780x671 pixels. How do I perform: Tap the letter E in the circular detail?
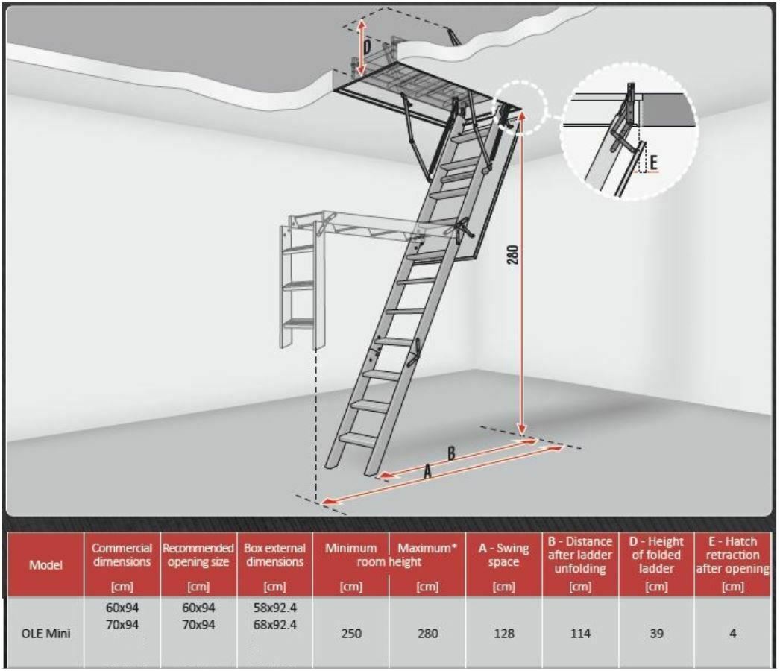click(x=654, y=161)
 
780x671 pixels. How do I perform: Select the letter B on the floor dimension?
click(x=451, y=453)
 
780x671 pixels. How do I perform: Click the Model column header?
click(x=45, y=564)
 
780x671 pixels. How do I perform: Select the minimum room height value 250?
click(x=350, y=634)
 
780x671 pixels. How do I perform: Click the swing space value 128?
click(x=503, y=634)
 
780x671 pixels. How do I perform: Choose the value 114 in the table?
click(x=579, y=634)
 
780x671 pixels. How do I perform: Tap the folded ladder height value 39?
click(x=656, y=634)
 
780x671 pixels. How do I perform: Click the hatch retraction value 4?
click(x=732, y=634)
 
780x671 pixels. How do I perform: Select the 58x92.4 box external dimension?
click(x=275, y=608)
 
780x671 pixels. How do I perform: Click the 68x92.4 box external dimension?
click(x=275, y=624)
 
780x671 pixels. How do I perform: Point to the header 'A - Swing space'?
click(x=503, y=555)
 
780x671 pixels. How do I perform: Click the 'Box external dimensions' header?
click(x=275, y=555)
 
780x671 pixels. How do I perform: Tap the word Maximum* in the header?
click(x=427, y=548)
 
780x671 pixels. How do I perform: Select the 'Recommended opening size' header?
click(x=198, y=555)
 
